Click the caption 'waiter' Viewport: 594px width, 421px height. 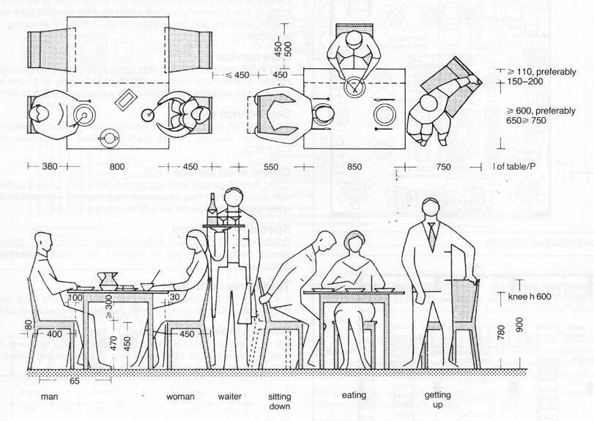[229, 396]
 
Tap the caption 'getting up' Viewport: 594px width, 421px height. [437, 400]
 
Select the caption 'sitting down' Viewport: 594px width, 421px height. [279, 400]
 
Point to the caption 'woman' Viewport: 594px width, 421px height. [180, 396]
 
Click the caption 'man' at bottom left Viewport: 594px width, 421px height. [50, 396]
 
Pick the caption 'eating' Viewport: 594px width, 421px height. [354, 395]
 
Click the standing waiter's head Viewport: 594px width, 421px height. [234, 197]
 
